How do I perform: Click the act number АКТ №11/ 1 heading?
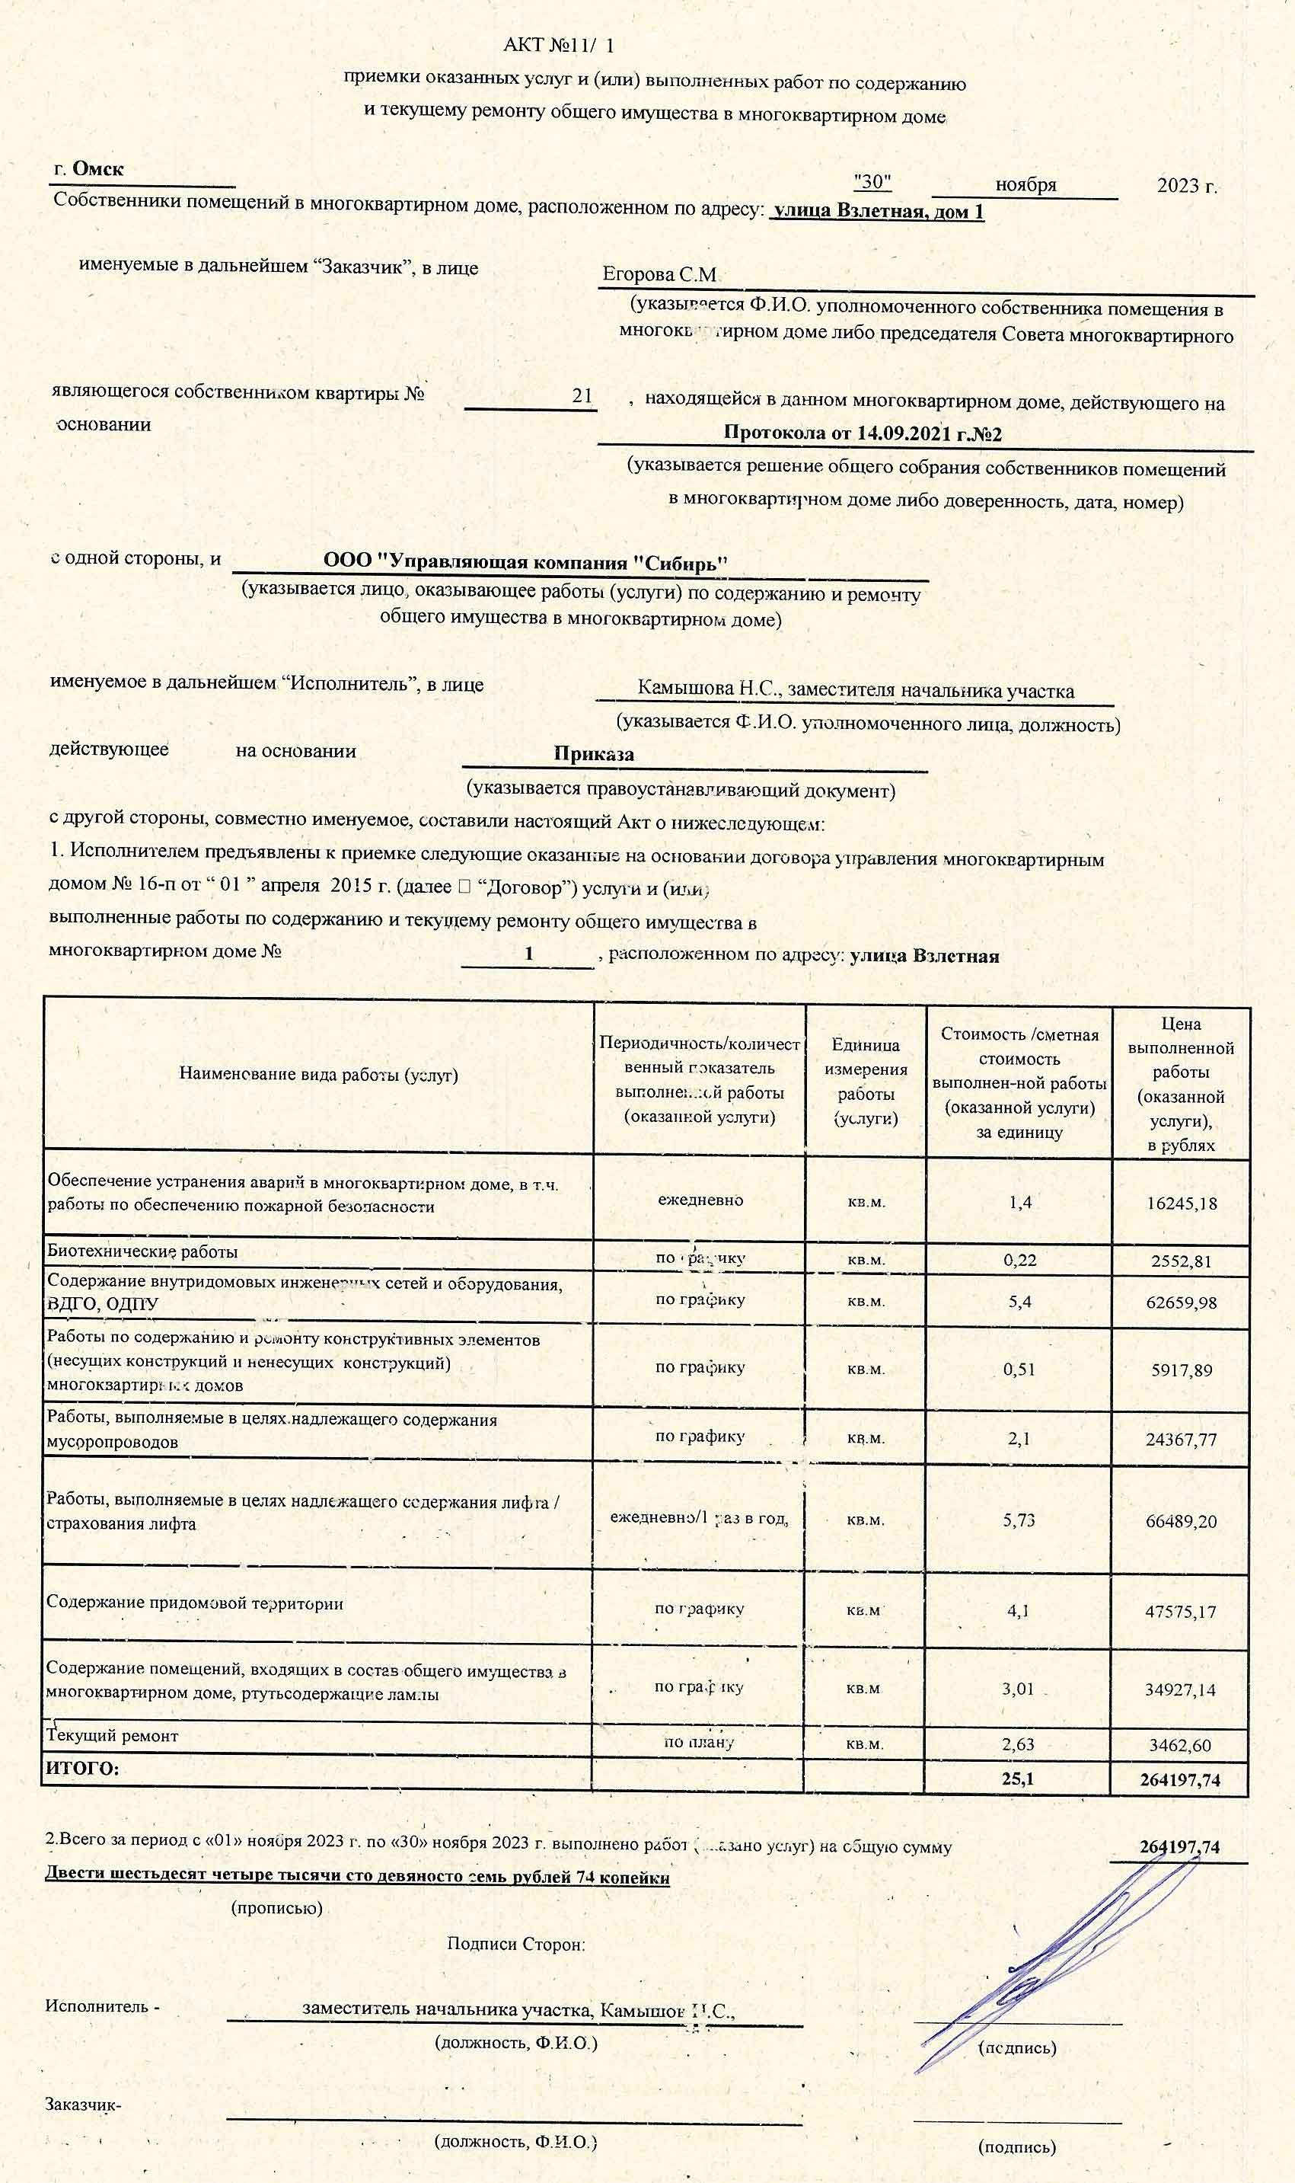(x=559, y=46)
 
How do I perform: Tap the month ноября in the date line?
(x=1025, y=185)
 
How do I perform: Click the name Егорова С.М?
(x=659, y=275)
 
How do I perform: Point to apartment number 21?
(x=582, y=395)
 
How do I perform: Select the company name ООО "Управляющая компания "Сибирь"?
(x=525, y=563)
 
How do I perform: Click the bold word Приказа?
(x=593, y=754)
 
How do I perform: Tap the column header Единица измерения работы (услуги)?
(x=865, y=1081)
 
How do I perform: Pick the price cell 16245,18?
(x=1181, y=1203)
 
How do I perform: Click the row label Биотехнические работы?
(x=142, y=1251)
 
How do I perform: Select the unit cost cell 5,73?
(x=1019, y=1520)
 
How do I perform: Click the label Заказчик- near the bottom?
(x=84, y=2105)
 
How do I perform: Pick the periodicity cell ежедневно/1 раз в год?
(x=699, y=1519)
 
